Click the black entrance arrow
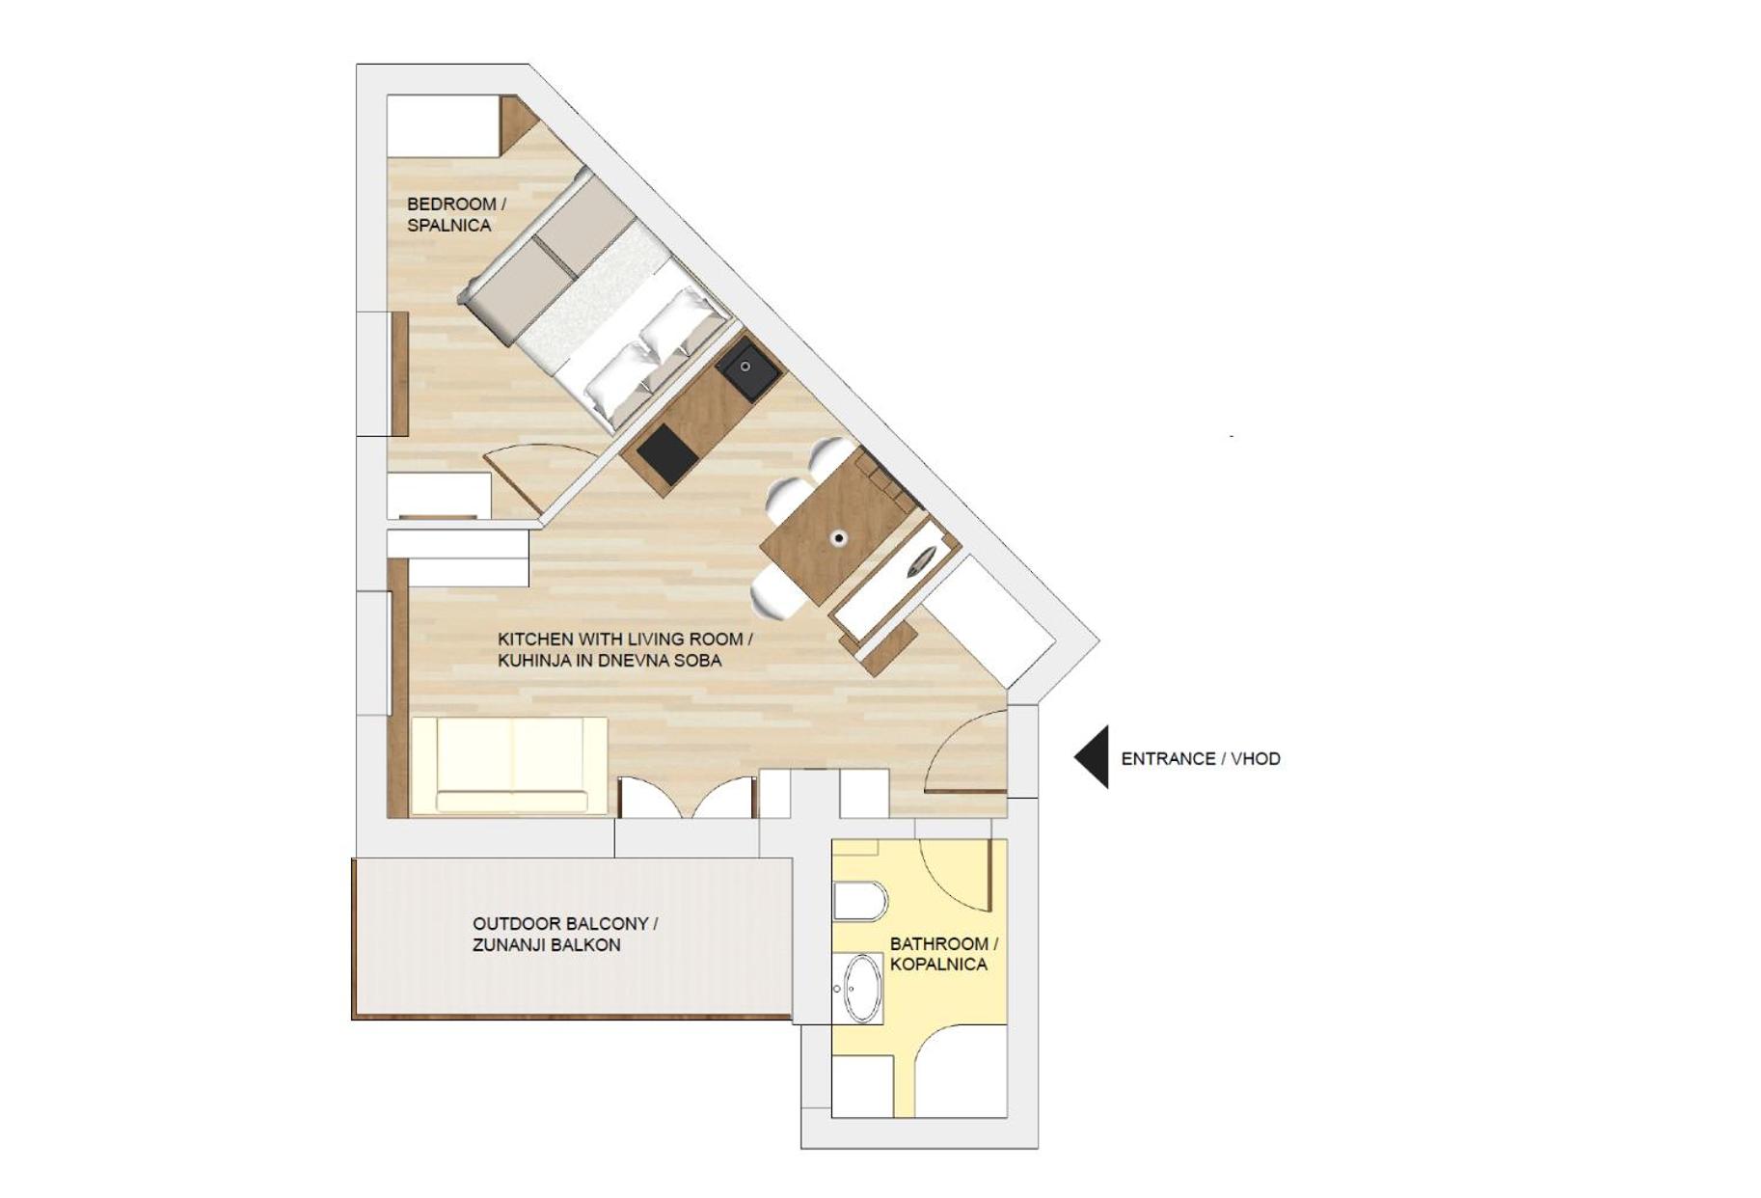pyautogui.click(x=1095, y=757)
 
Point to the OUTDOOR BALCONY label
pyautogui.click(x=565, y=924)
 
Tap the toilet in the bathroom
pyautogui.click(x=860, y=901)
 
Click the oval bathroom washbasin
pyautogui.click(x=862, y=989)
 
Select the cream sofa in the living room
pyautogui.click(x=509, y=767)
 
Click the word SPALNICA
pyautogui.click(x=449, y=226)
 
